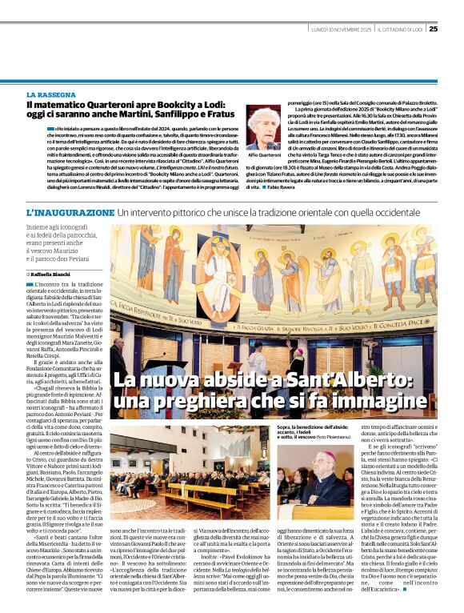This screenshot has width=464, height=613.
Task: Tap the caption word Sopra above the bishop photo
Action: pos(285,430)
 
